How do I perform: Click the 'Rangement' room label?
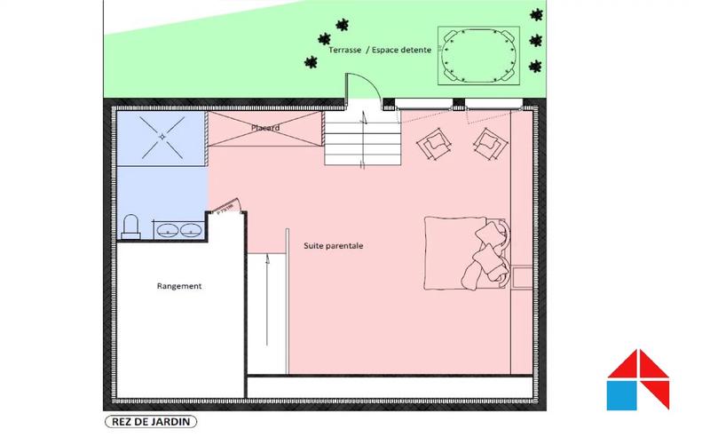pos(179,286)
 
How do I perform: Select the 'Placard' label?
pos(264,128)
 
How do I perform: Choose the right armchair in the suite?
pos(487,139)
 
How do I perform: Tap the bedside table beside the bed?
pos(523,276)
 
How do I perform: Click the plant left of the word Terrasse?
pos(311,61)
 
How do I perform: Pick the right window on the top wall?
pos(493,102)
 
